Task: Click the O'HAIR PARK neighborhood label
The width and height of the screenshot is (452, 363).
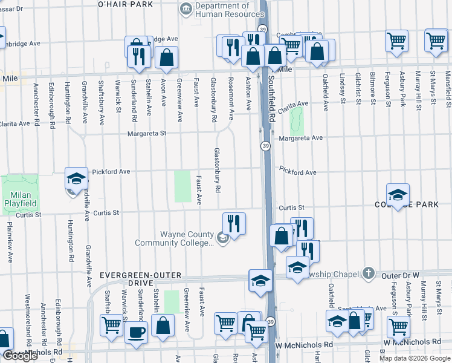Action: pos(125,4)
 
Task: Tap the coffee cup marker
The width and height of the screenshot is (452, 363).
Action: pos(136,332)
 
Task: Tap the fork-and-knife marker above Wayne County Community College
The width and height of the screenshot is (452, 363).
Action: pos(234,223)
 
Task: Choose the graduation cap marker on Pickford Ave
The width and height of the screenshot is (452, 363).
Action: pos(76,178)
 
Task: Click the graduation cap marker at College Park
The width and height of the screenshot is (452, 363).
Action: pos(398,195)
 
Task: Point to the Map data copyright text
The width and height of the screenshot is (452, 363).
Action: pos(415,358)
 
